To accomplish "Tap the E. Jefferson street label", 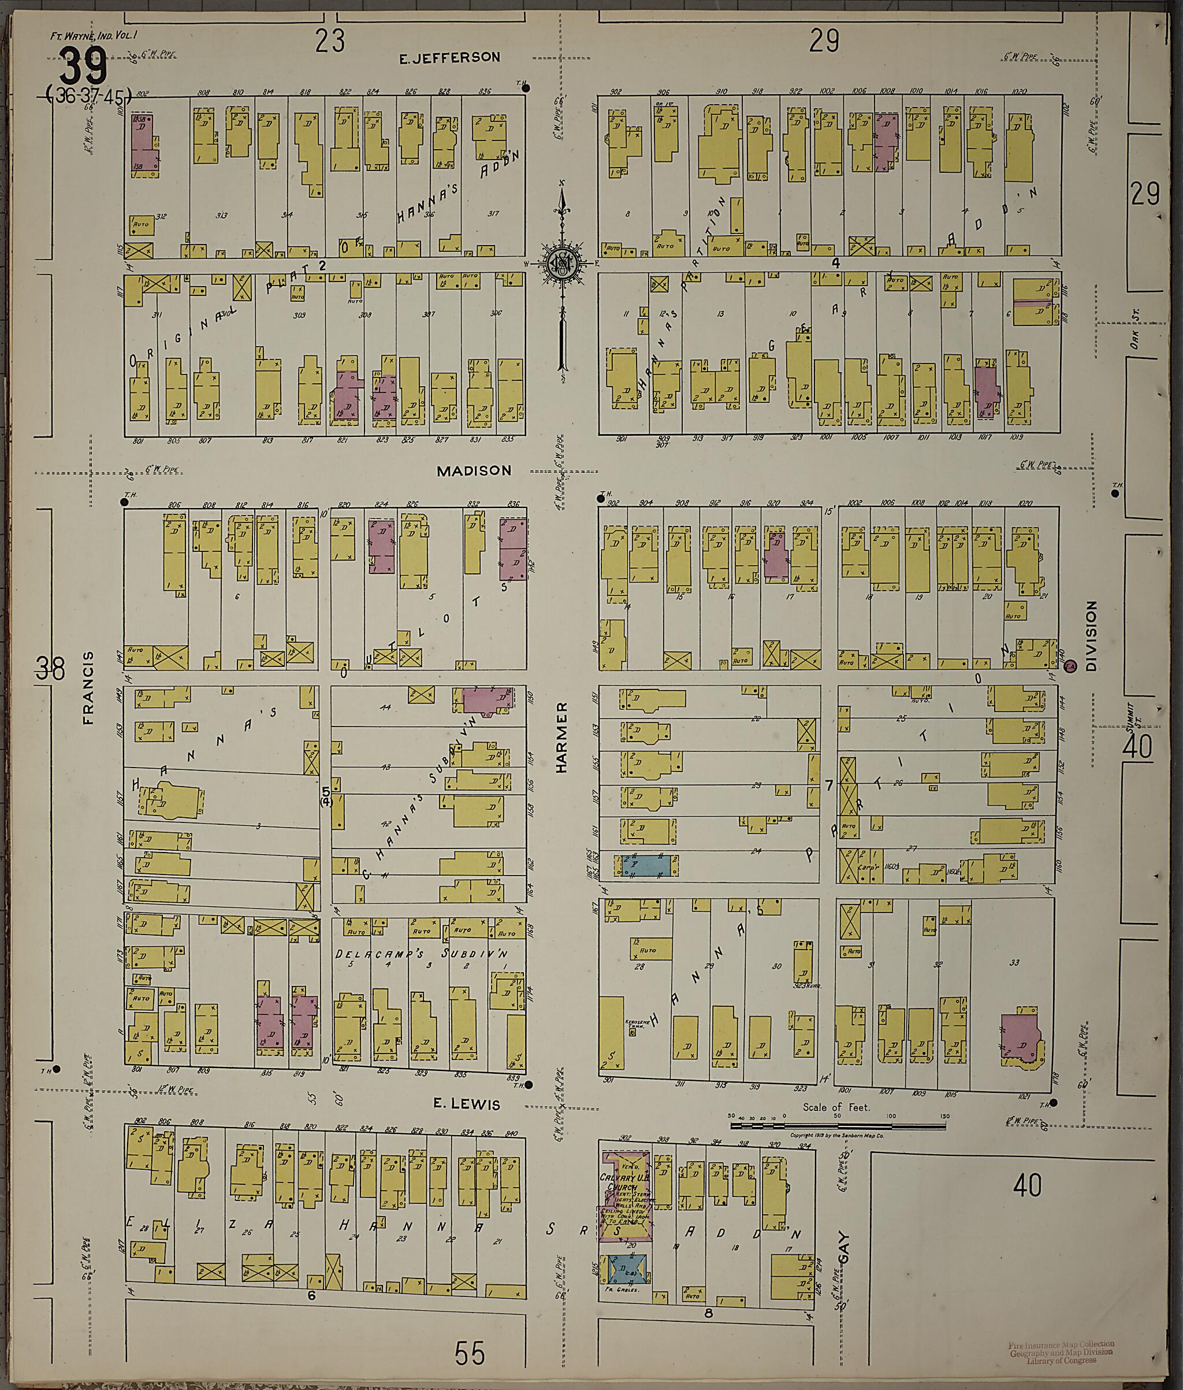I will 449,58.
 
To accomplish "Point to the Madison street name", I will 474,471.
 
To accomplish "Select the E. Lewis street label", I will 467,1103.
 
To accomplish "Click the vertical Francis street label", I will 88,688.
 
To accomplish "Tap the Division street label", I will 1091,636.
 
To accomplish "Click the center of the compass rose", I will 562,264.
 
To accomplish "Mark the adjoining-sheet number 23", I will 330,42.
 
